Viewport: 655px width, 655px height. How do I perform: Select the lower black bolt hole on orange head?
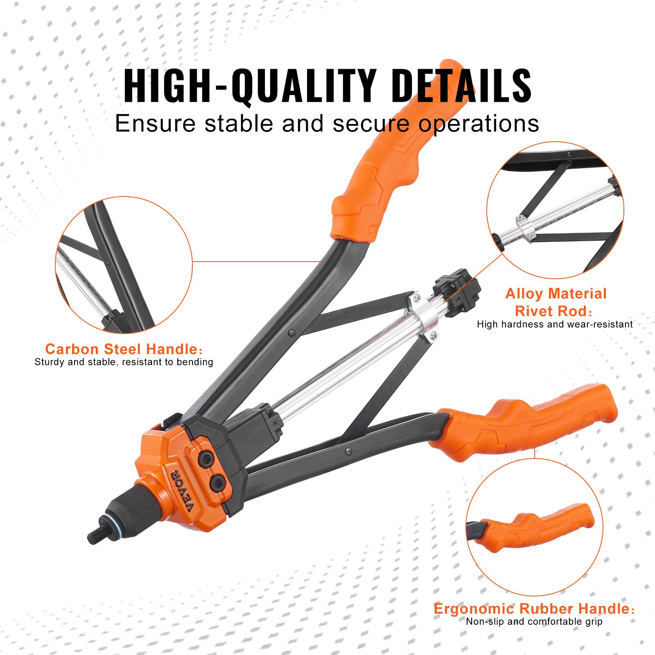click(218, 483)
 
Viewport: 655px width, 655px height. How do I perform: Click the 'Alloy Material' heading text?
click(556, 294)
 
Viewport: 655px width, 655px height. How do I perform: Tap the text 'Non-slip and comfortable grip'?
click(534, 622)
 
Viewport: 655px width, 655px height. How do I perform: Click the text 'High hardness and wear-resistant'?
click(555, 324)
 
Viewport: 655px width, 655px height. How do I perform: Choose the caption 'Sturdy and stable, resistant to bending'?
click(124, 362)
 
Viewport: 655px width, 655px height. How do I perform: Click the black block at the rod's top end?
click(456, 291)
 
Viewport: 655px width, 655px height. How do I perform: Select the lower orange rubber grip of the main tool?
click(528, 422)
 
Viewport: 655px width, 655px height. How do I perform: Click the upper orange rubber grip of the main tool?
click(393, 164)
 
